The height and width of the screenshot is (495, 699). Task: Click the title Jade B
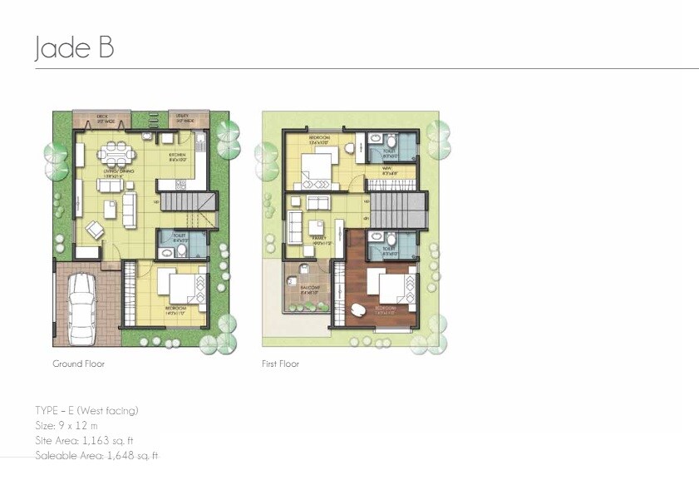coord(74,48)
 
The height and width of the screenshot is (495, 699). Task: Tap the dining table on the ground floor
coord(116,154)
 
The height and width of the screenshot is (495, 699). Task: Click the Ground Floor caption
coord(79,364)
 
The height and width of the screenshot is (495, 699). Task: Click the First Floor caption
coord(281,364)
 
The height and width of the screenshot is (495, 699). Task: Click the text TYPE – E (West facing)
coord(86,410)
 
